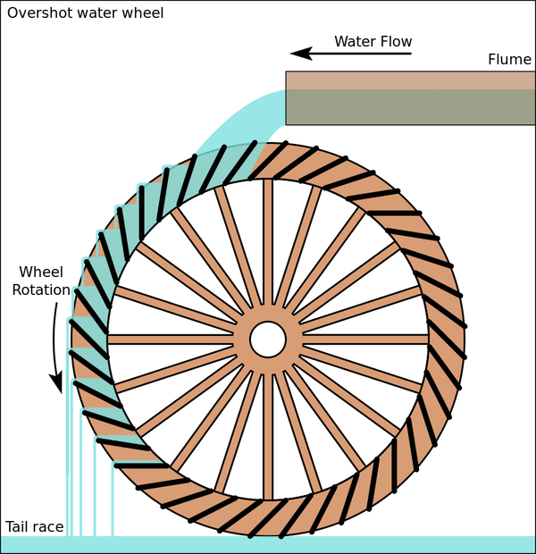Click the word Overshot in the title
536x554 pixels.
(x=38, y=13)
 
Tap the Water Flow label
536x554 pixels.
(x=373, y=41)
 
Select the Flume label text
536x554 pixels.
(x=509, y=60)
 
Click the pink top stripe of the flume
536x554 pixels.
(x=410, y=80)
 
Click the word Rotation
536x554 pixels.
(x=41, y=290)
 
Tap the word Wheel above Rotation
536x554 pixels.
(x=41, y=272)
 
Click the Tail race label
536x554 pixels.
(x=34, y=527)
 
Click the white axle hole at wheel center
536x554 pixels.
(x=267, y=339)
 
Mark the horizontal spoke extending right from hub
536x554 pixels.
(x=366, y=339)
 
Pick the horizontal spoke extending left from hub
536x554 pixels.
(x=170, y=339)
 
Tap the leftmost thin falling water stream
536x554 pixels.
(x=67, y=465)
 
